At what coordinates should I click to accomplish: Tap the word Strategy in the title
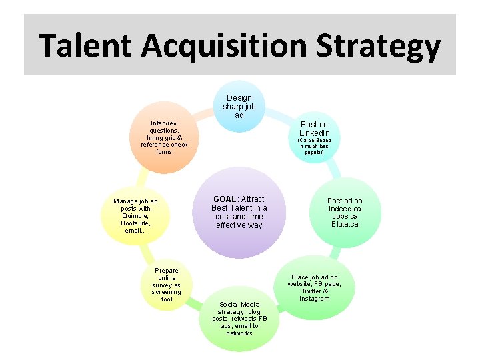pos(377,45)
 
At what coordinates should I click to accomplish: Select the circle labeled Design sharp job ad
pos(239,107)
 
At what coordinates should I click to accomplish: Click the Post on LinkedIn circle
pos(313,137)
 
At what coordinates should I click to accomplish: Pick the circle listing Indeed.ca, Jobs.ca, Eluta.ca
pos(344,212)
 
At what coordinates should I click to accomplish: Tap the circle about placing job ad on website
pos(314,288)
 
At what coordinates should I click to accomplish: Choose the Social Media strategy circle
pos(239,318)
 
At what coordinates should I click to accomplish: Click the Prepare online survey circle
pos(166,285)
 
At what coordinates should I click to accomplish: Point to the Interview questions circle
pos(164,138)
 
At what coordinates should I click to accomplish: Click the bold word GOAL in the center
pos(225,199)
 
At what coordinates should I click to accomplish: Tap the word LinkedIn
pos(314,133)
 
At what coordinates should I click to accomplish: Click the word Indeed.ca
pos(345,209)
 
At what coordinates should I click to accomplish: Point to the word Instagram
pos(314,298)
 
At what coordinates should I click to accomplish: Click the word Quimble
pos(135,215)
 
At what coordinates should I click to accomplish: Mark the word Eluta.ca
pos(345,224)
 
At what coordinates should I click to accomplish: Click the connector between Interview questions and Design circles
pos(203,114)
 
